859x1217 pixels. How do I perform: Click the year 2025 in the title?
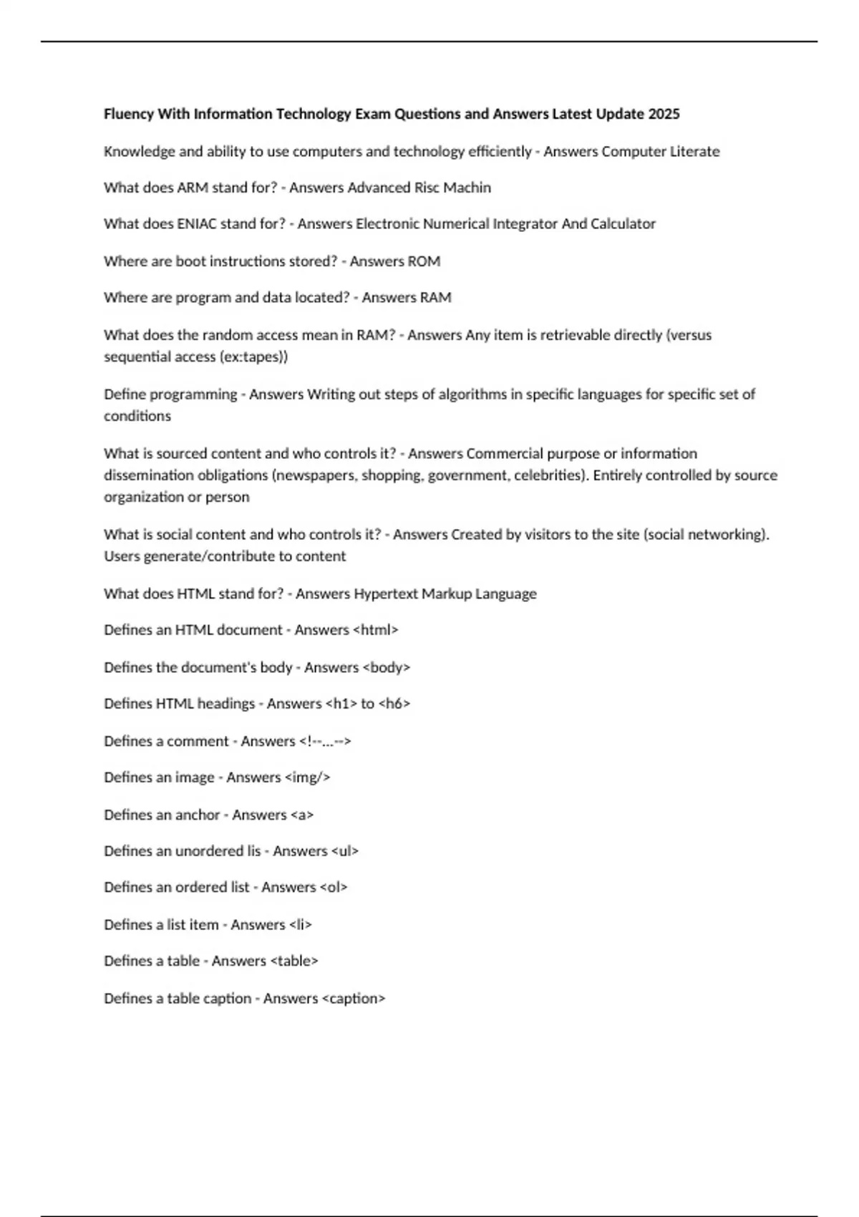click(663, 114)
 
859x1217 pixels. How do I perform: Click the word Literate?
click(694, 151)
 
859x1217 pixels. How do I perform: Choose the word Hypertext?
click(386, 593)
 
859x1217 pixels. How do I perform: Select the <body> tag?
click(387, 667)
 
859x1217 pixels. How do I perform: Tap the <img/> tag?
click(308, 777)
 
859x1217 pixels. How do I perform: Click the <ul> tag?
click(345, 851)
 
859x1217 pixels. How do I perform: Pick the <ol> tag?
click(334, 888)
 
